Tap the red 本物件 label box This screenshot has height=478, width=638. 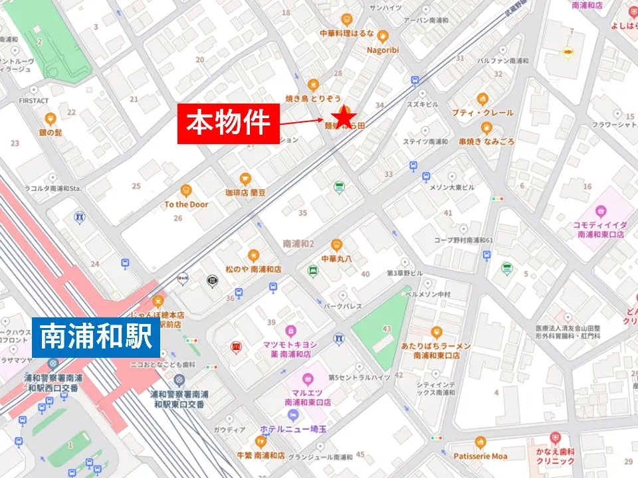228,123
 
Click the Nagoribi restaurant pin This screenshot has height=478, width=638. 382,36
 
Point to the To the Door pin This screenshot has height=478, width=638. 186,191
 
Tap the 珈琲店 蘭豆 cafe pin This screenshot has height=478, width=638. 245,179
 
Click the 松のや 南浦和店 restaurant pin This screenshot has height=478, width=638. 253,256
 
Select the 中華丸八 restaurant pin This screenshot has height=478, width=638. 336,244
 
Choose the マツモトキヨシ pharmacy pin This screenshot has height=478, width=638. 290,331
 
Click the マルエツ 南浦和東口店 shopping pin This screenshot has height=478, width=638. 308,379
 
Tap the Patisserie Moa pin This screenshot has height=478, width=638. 480,442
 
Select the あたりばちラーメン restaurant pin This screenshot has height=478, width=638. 436,332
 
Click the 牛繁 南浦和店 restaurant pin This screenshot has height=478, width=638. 260,441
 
